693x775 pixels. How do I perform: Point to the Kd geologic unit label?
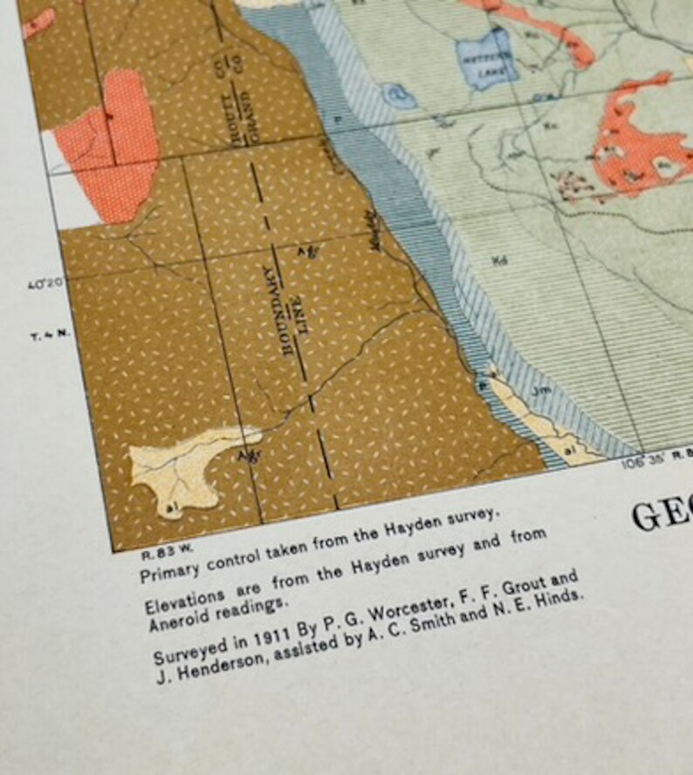[x=499, y=259]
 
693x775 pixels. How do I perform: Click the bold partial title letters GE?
[x=661, y=516]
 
